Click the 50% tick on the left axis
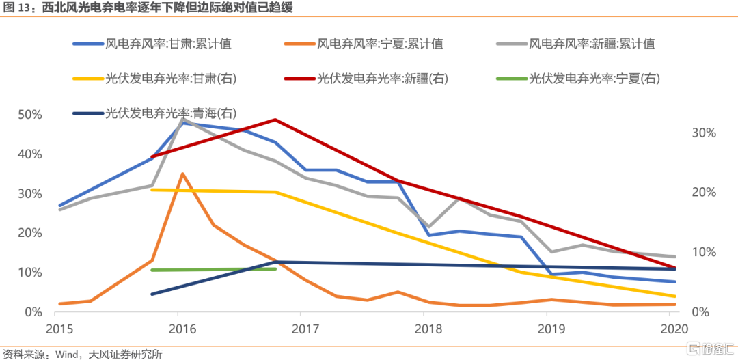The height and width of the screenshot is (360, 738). click(x=29, y=115)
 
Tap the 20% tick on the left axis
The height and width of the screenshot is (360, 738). click(x=29, y=233)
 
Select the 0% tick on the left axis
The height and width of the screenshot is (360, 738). click(x=33, y=312)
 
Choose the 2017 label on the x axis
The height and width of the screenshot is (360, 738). click(x=301, y=329)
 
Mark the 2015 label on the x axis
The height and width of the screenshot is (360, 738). click(x=60, y=329)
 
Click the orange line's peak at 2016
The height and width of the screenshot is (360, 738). click(x=182, y=174)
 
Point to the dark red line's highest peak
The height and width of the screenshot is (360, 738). click(x=275, y=120)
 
